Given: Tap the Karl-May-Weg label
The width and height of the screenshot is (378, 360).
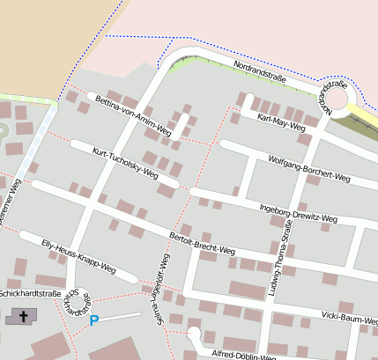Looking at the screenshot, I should tap(280, 121).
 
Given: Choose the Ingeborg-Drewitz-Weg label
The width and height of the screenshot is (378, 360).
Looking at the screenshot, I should tap(298, 212).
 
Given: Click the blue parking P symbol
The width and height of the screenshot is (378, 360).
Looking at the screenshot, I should tap(94, 321).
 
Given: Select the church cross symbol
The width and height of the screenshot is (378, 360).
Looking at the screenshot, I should tap(23, 314).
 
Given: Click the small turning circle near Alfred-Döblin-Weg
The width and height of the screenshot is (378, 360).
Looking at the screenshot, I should tap(193, 334).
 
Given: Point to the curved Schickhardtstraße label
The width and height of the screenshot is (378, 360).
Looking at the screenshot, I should tap(78, 303).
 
